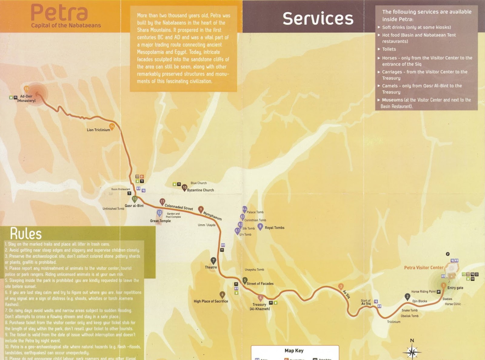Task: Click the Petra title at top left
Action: pos(59,13)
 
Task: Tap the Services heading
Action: pos(318,19)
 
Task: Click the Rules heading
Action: pos(26,234)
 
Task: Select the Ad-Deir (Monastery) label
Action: pos(26,99)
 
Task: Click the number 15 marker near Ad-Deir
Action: pos(26,89)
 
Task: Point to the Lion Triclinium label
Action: pos(98,130)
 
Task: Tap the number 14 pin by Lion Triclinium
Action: pos(112,126)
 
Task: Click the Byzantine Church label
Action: pos(200,190)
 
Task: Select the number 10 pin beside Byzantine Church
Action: pos(184,188)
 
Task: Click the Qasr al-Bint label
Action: pos(134,206)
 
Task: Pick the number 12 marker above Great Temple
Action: pos(159,213)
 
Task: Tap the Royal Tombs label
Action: pos(274,228)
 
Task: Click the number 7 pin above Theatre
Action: pos(213,261)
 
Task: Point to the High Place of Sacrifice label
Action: pos(211,301)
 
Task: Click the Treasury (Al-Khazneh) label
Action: pos(259,307)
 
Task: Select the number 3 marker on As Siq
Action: pos(341,286)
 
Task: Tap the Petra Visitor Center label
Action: pos(423,267)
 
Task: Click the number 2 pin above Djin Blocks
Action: pos(407,297)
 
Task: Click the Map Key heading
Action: pos(294,351)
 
